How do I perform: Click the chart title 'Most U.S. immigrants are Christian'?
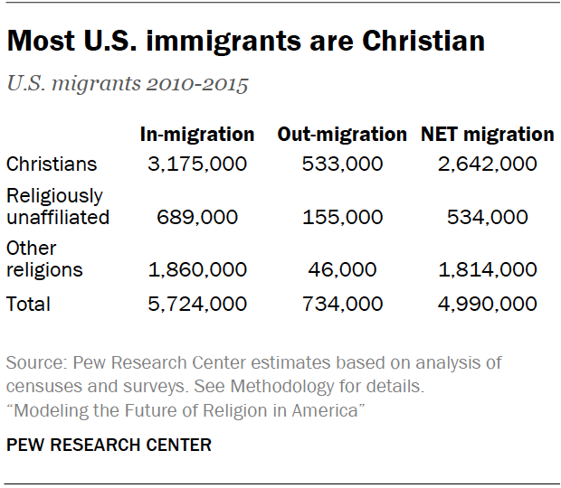click(x=246, y=42)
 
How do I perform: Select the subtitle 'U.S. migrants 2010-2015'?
click(x=128, y=86)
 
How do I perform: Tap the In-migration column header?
click(x=196, y=135)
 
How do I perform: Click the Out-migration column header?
click(x=342, y=135)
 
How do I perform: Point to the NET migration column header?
click(x=487, y=135)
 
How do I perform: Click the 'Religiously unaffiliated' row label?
click(x=57, y=206)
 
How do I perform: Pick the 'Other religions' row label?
click(x=44, y=258)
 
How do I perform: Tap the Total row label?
click(x=28, y=304)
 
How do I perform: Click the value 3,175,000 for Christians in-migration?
click(x=196, y=164)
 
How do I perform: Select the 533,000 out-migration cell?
click(x=342, y=164)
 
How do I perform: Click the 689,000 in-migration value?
click(x=196, y=217)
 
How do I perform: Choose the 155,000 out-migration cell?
click(x=342, y=217)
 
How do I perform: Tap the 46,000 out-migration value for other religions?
click(x=342, y=269)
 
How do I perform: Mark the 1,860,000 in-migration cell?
click(x=196, y=269)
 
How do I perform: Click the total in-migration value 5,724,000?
click(x=196, y=304)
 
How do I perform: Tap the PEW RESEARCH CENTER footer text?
click(x=109, y=445)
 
